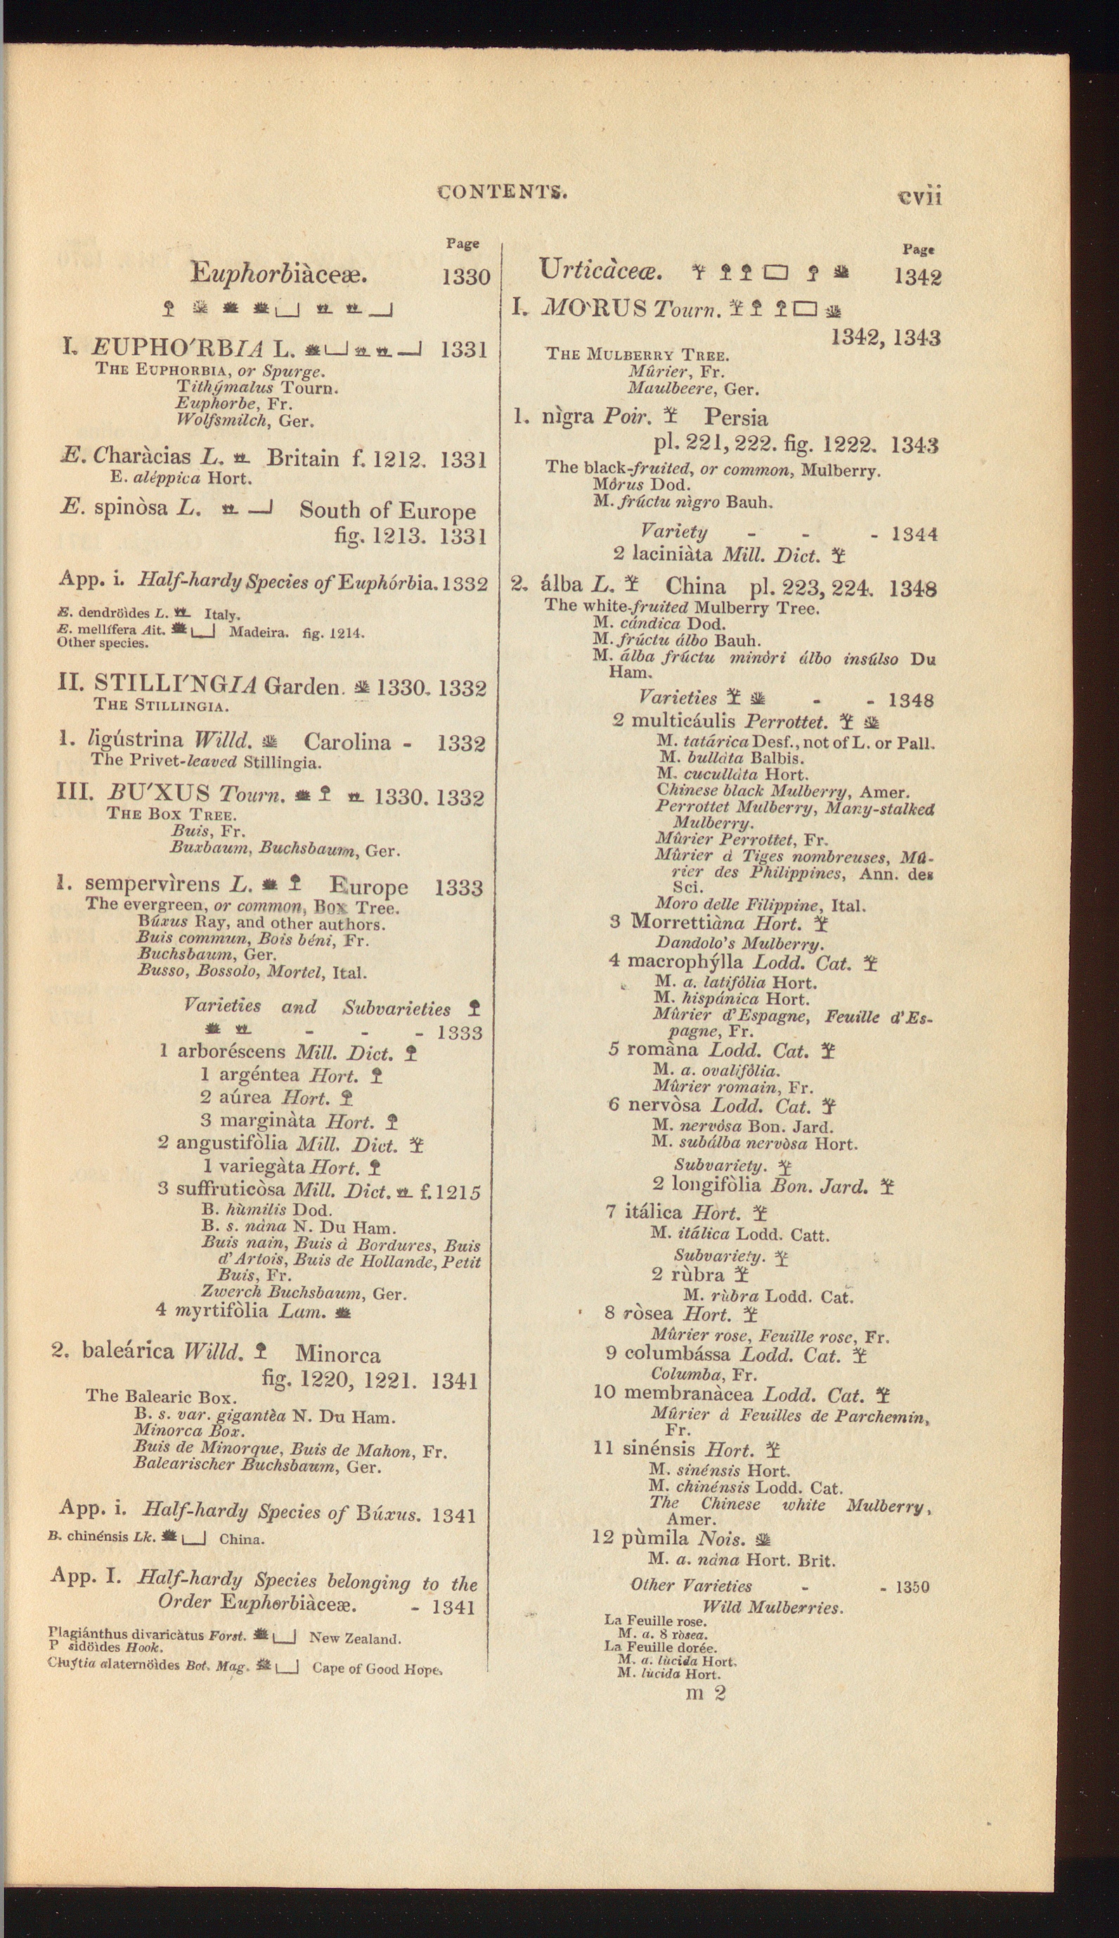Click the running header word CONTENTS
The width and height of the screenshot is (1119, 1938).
pos(502,191)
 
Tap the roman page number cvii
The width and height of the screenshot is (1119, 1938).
pos(919,197)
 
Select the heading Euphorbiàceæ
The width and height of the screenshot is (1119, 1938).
pos(279,273)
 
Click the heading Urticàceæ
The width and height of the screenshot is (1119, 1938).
pos(600,270)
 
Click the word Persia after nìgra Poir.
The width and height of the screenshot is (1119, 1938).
pos(735,418)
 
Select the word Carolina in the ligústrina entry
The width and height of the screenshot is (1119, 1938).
pos(347,742)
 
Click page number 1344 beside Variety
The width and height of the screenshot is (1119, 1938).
pos(914,534)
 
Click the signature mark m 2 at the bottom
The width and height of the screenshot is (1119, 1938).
pos(705,1692)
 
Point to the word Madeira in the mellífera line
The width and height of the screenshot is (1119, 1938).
pos(259,633)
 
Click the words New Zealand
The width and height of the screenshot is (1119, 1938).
pos(354,1638)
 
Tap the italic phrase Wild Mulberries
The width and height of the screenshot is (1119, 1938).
pos(772,1607)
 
